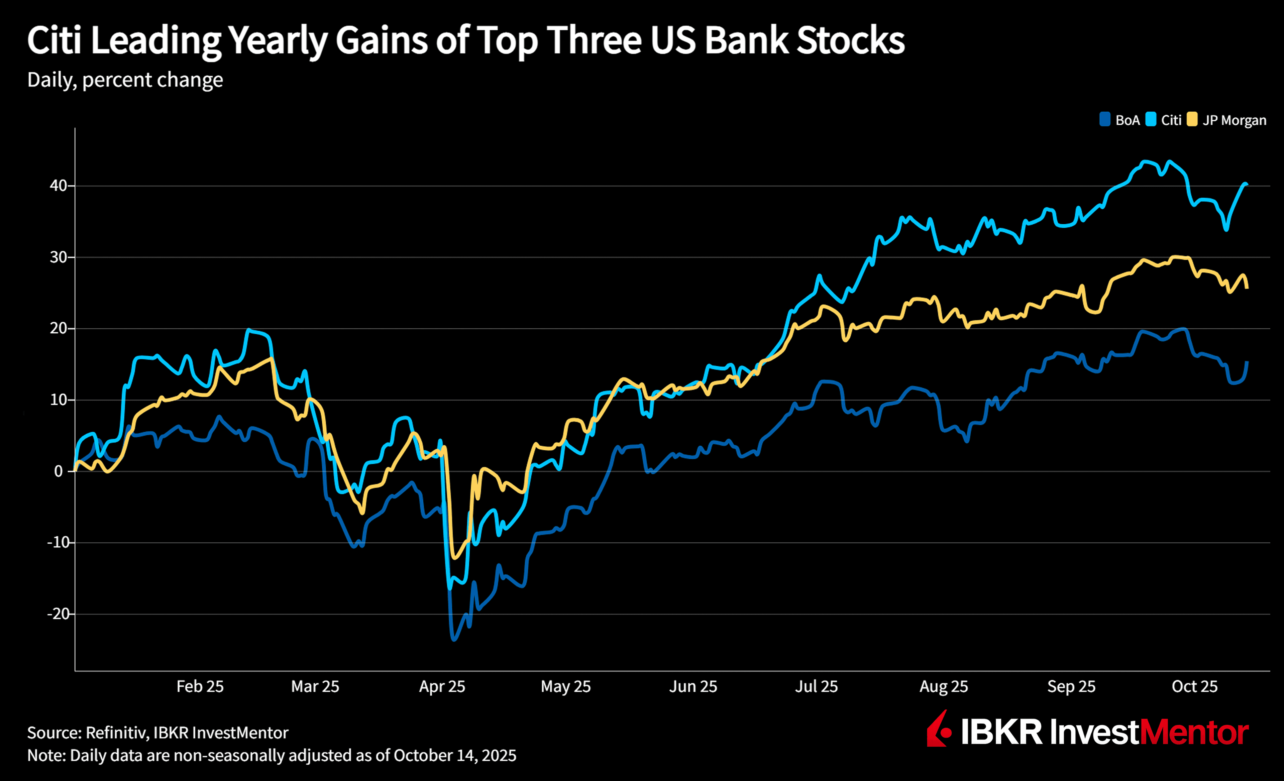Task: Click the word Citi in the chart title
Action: (54, 41)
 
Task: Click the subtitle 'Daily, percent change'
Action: (125, 80)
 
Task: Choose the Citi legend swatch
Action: (1151, 119)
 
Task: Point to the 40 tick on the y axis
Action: (59, 186)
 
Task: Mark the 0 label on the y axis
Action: (59, 471)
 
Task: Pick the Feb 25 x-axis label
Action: (200, 686)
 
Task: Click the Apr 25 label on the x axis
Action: (442, 686)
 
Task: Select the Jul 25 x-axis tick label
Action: (816, 686)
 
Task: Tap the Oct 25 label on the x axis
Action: (1194, 686)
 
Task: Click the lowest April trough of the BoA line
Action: (454, 639)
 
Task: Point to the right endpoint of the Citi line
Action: (1246, 184)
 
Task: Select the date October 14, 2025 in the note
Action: (454, 756)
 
